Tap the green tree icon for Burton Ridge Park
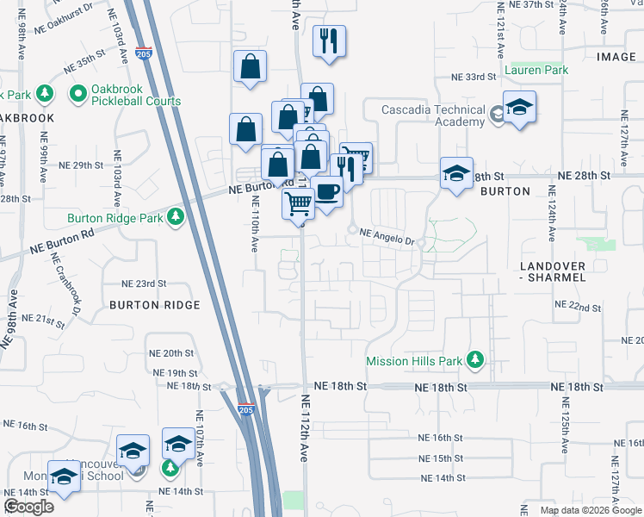(x=176, y=215)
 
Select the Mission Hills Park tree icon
(x=474, y=360)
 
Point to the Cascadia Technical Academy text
(x=435, y=115)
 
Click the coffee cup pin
(x=326, y=191)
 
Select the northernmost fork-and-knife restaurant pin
(x=328, y=40)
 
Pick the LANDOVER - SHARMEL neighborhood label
(x=553, y=271)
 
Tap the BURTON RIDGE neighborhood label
(x=154, y=305)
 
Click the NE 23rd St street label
(x=143, y=283)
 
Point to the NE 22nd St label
(x=579, y=307)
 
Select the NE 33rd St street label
(x=474, y=77)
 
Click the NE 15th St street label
(x=441, y=458)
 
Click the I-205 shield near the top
(x=144, y=53)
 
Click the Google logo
(x=29, y=507)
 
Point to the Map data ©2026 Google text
(x=590, y=510)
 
